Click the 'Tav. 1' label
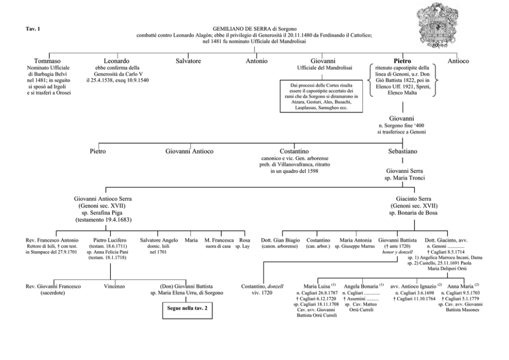point(33,29)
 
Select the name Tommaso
point(47,61)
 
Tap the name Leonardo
point(116,61)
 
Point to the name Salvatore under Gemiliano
point(188,61)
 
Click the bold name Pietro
point(402,61)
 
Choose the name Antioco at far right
point(458,61)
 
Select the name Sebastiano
point(402,151)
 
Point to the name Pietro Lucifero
point(110,240)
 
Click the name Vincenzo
point(114,286)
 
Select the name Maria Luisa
point(317,286)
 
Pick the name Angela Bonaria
point(361,286)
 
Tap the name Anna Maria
point(460,286)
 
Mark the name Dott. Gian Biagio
point(281,240)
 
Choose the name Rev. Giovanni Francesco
point(53,286)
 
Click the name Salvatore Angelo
point(159,240)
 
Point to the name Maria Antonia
point(356,240)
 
